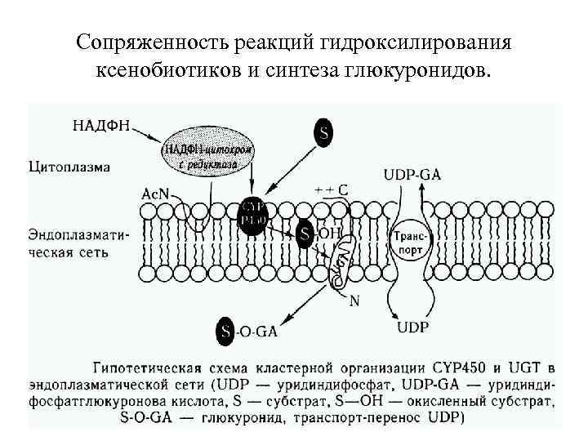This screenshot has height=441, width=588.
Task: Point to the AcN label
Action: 156,194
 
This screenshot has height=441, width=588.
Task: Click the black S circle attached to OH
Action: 305,235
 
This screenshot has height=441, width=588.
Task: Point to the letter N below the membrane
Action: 354,300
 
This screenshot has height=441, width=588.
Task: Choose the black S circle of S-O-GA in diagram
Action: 226,330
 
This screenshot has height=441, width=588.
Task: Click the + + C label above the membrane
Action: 332,189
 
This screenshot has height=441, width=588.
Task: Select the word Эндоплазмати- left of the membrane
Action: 79,233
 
